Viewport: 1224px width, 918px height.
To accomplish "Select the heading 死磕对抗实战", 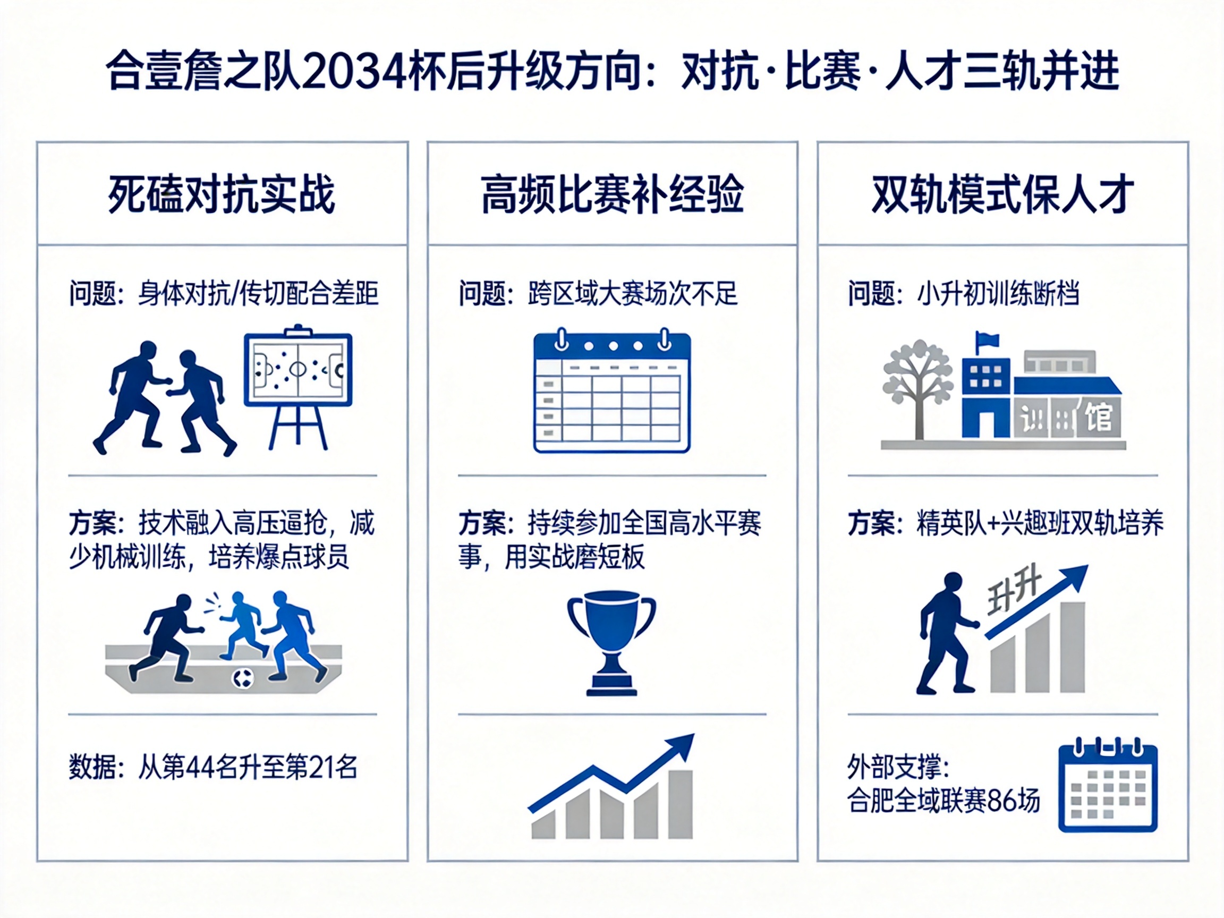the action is point(222,194).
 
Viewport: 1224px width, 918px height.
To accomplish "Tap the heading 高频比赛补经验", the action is point(612,194).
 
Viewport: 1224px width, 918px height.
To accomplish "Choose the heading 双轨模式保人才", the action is point(1002,194).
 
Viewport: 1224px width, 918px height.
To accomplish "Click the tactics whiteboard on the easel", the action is point(298,369).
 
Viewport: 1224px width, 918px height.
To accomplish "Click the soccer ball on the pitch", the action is point(243,678).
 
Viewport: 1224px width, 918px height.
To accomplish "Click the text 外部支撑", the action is point(894,767).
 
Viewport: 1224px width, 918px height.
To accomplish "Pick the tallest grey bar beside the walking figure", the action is point(1073,647).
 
